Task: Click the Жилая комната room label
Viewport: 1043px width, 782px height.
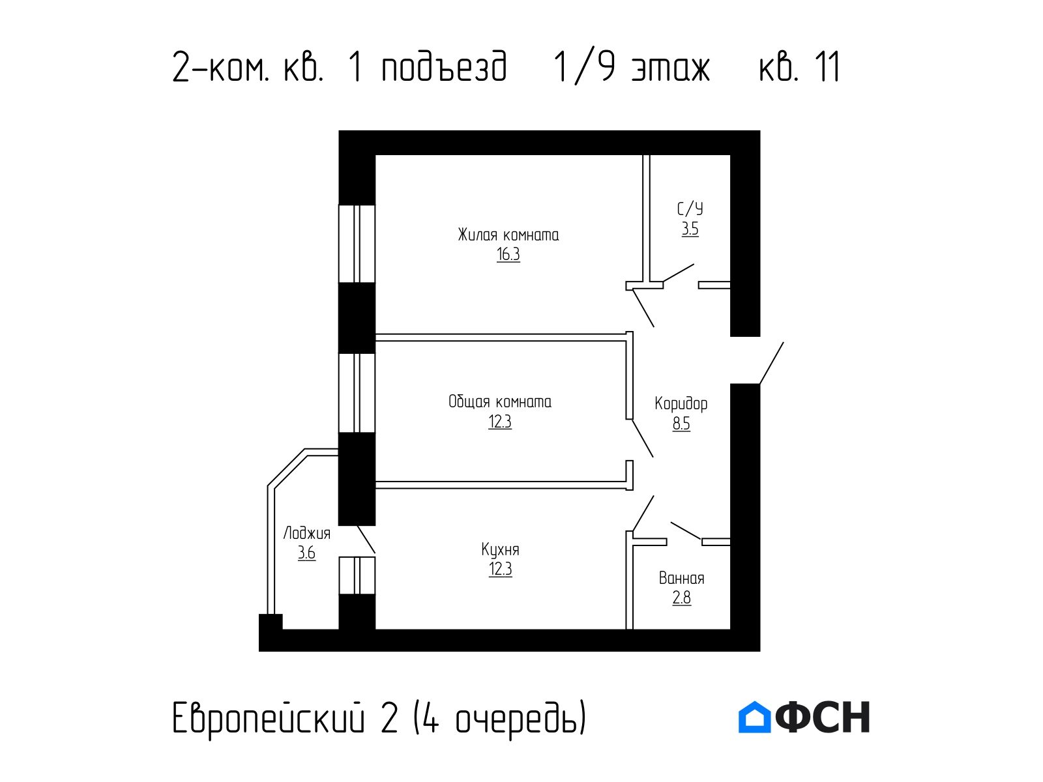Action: click(508, 235)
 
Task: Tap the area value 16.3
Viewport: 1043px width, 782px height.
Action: click(508, 255)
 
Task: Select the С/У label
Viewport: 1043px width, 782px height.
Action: click(690, 209)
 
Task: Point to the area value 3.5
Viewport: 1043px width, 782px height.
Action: click(690, 229)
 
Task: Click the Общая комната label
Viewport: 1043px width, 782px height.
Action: click(500, 401)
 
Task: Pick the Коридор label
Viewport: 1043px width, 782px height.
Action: click(681, 403)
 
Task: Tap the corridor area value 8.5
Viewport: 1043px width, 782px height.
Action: click(681, 424)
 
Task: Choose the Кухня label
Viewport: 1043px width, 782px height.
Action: click(501, 550)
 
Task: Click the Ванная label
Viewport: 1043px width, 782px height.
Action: click(681, 578)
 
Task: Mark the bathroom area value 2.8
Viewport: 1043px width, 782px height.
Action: click(681, 598)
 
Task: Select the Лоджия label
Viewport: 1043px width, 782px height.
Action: click(306, 533)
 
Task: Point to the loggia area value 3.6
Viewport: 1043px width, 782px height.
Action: click(306, 553)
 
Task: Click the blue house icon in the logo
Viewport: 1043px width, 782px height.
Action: click(754, 717)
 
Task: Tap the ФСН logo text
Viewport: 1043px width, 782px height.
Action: click(823, 717)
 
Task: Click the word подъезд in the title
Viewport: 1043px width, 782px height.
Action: click(445, 67)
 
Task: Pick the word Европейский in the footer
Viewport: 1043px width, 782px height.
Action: click(269, 718)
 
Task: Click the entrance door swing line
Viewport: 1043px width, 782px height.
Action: click(771, 363)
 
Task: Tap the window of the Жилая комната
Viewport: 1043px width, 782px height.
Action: click(357, 244)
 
